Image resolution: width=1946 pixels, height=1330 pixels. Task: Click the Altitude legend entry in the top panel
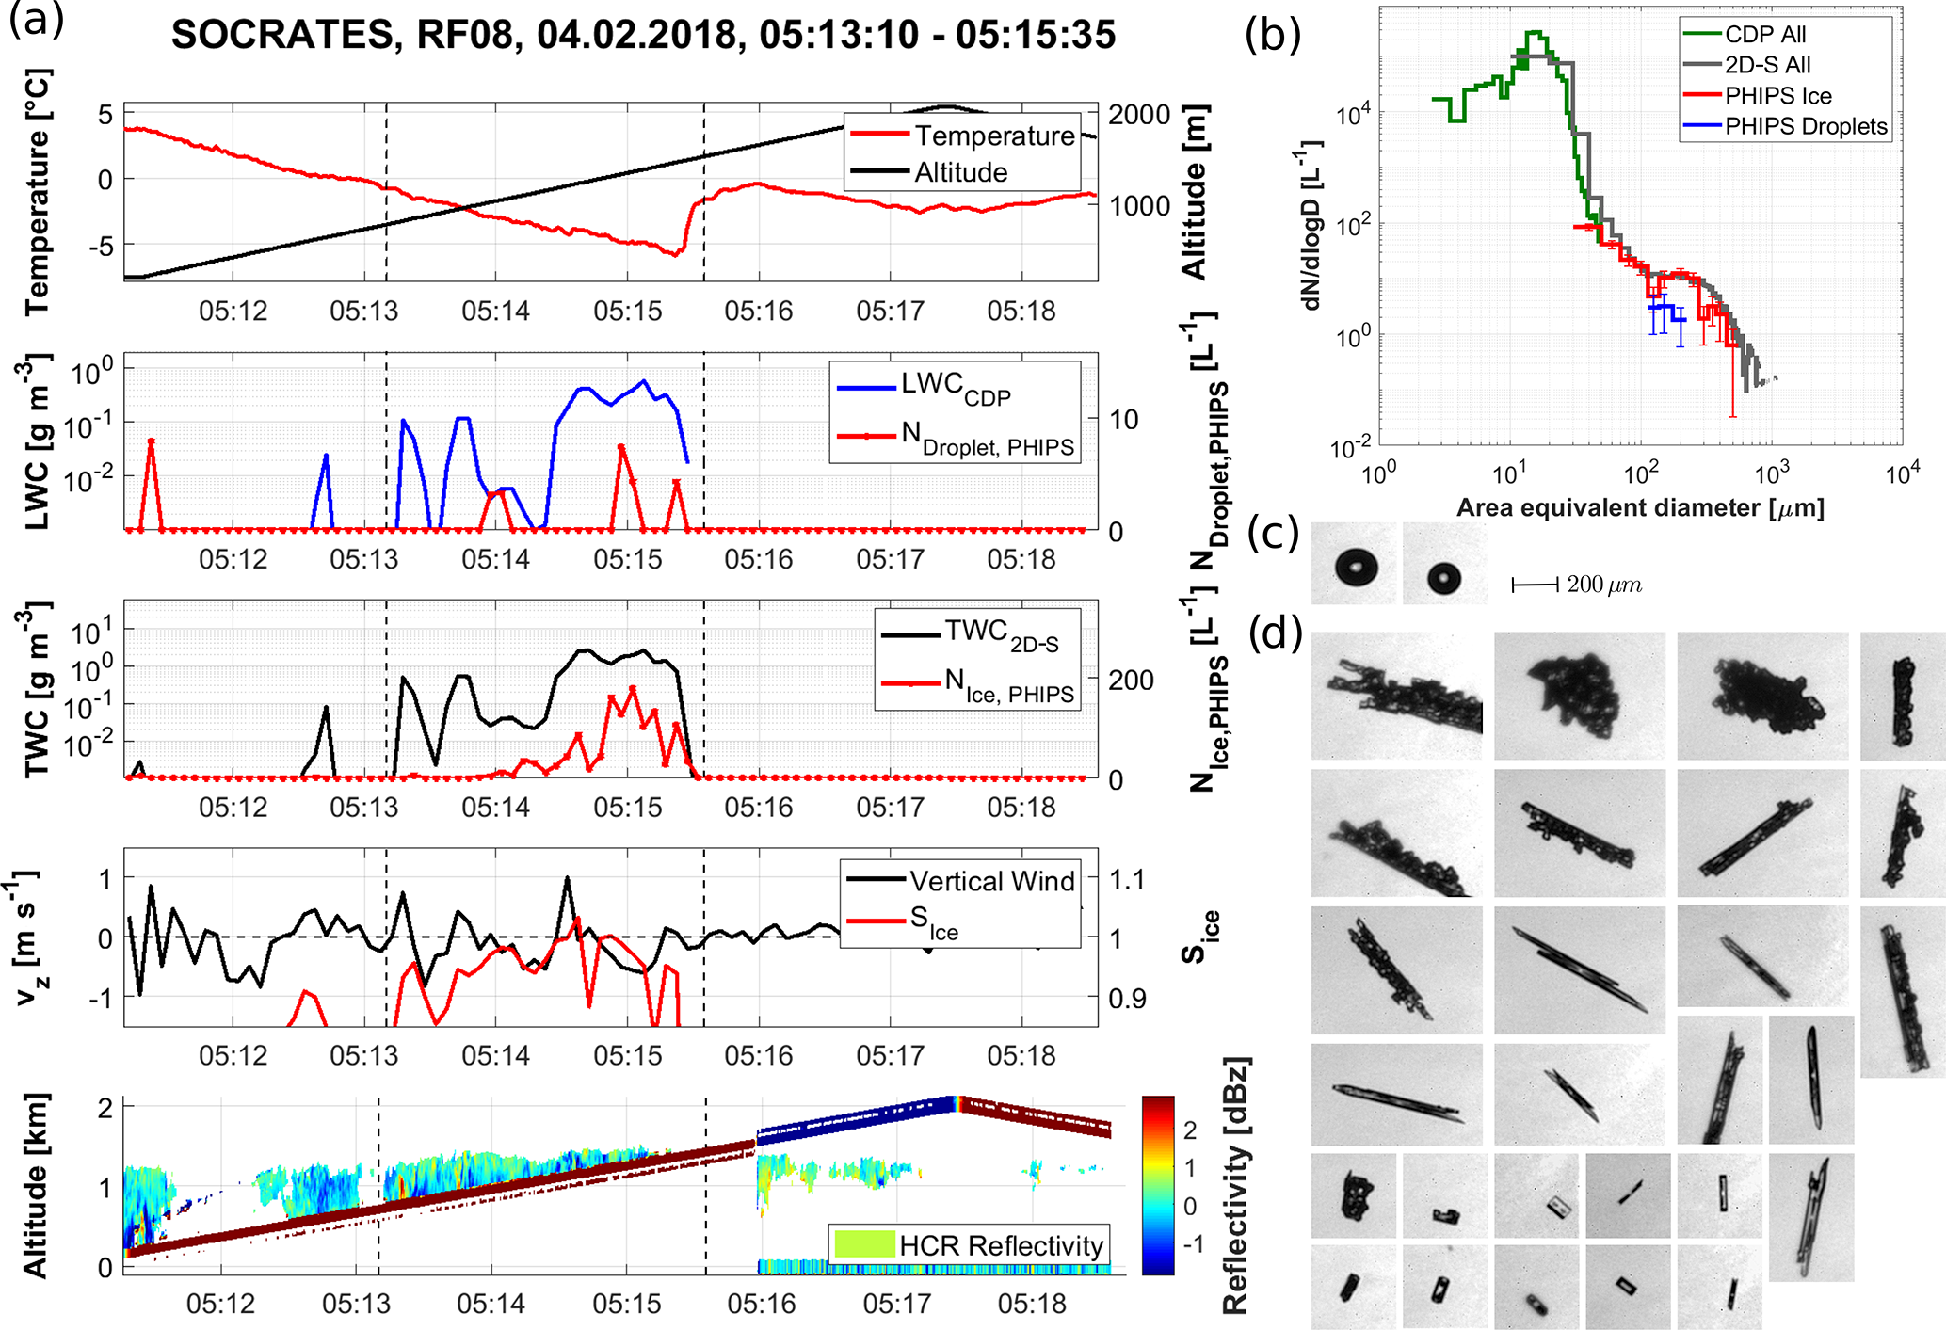(960, 172)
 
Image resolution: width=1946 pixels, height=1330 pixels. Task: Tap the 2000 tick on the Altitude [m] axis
(1139, 115)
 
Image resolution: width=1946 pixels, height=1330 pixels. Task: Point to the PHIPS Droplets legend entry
(1806, 127)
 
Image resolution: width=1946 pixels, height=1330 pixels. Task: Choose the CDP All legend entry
(1765, 35)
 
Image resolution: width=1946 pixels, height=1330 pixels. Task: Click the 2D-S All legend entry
(1767, 65)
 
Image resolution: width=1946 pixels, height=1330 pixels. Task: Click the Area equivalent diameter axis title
(1640, 508)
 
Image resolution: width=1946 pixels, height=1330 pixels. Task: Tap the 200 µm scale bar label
(1604, 585)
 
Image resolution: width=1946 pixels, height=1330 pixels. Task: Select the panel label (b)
(1272, 35)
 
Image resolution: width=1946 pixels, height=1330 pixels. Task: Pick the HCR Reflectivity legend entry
(1001, 1245)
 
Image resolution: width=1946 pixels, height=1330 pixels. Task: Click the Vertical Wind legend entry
(991, 881)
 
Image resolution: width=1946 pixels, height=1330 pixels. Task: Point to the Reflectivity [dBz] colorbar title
(1235, 1186)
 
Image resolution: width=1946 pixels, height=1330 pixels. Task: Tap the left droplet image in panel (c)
(1357, 568)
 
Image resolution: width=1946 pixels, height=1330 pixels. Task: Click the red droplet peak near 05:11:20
(151, 441)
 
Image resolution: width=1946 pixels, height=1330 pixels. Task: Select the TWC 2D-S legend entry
(1001, 634)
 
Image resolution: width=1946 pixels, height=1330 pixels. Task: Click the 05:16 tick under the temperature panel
(758, 311)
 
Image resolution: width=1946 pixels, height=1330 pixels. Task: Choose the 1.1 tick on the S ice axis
(1127, 880)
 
